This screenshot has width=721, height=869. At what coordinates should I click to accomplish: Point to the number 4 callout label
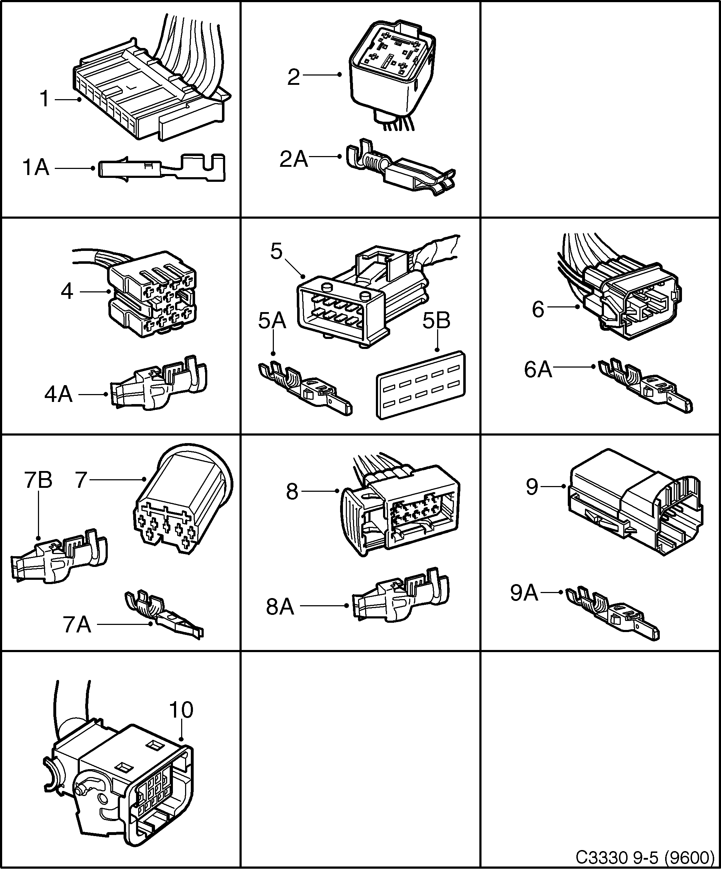67,292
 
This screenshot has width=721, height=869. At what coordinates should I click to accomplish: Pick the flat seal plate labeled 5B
420,385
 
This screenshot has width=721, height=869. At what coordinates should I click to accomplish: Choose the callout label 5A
272,321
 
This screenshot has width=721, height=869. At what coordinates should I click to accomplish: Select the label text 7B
38,480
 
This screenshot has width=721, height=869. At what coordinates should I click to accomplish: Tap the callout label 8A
280,607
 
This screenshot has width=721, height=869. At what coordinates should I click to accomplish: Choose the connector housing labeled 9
633,501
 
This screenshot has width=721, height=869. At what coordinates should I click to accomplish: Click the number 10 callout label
181,710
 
